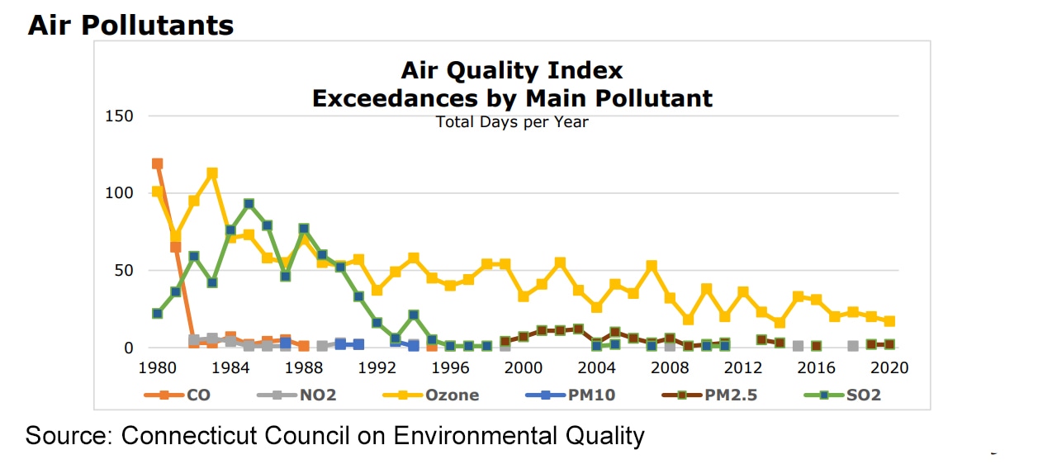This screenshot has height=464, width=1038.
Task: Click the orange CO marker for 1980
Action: pos(157,163)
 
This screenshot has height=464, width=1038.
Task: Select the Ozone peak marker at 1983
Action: pos(212,173)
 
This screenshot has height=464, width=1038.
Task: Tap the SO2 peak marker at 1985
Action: pos(249,204)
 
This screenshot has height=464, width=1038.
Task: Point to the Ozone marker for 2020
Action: pos(889,321)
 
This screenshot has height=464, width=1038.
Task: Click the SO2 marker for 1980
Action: pos(157,314)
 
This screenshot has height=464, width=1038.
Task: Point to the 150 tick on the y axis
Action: pos(119,116)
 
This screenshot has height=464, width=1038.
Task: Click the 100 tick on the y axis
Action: pos(119,193)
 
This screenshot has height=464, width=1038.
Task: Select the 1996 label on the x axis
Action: pos(449,367)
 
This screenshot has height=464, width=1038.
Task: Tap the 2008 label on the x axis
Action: pos(670,367)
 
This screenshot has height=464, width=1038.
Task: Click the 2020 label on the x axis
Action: pos(890,367)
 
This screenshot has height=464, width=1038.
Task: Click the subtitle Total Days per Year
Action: pos(512,122)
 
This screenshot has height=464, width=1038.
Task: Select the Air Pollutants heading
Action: pos(130,26)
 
